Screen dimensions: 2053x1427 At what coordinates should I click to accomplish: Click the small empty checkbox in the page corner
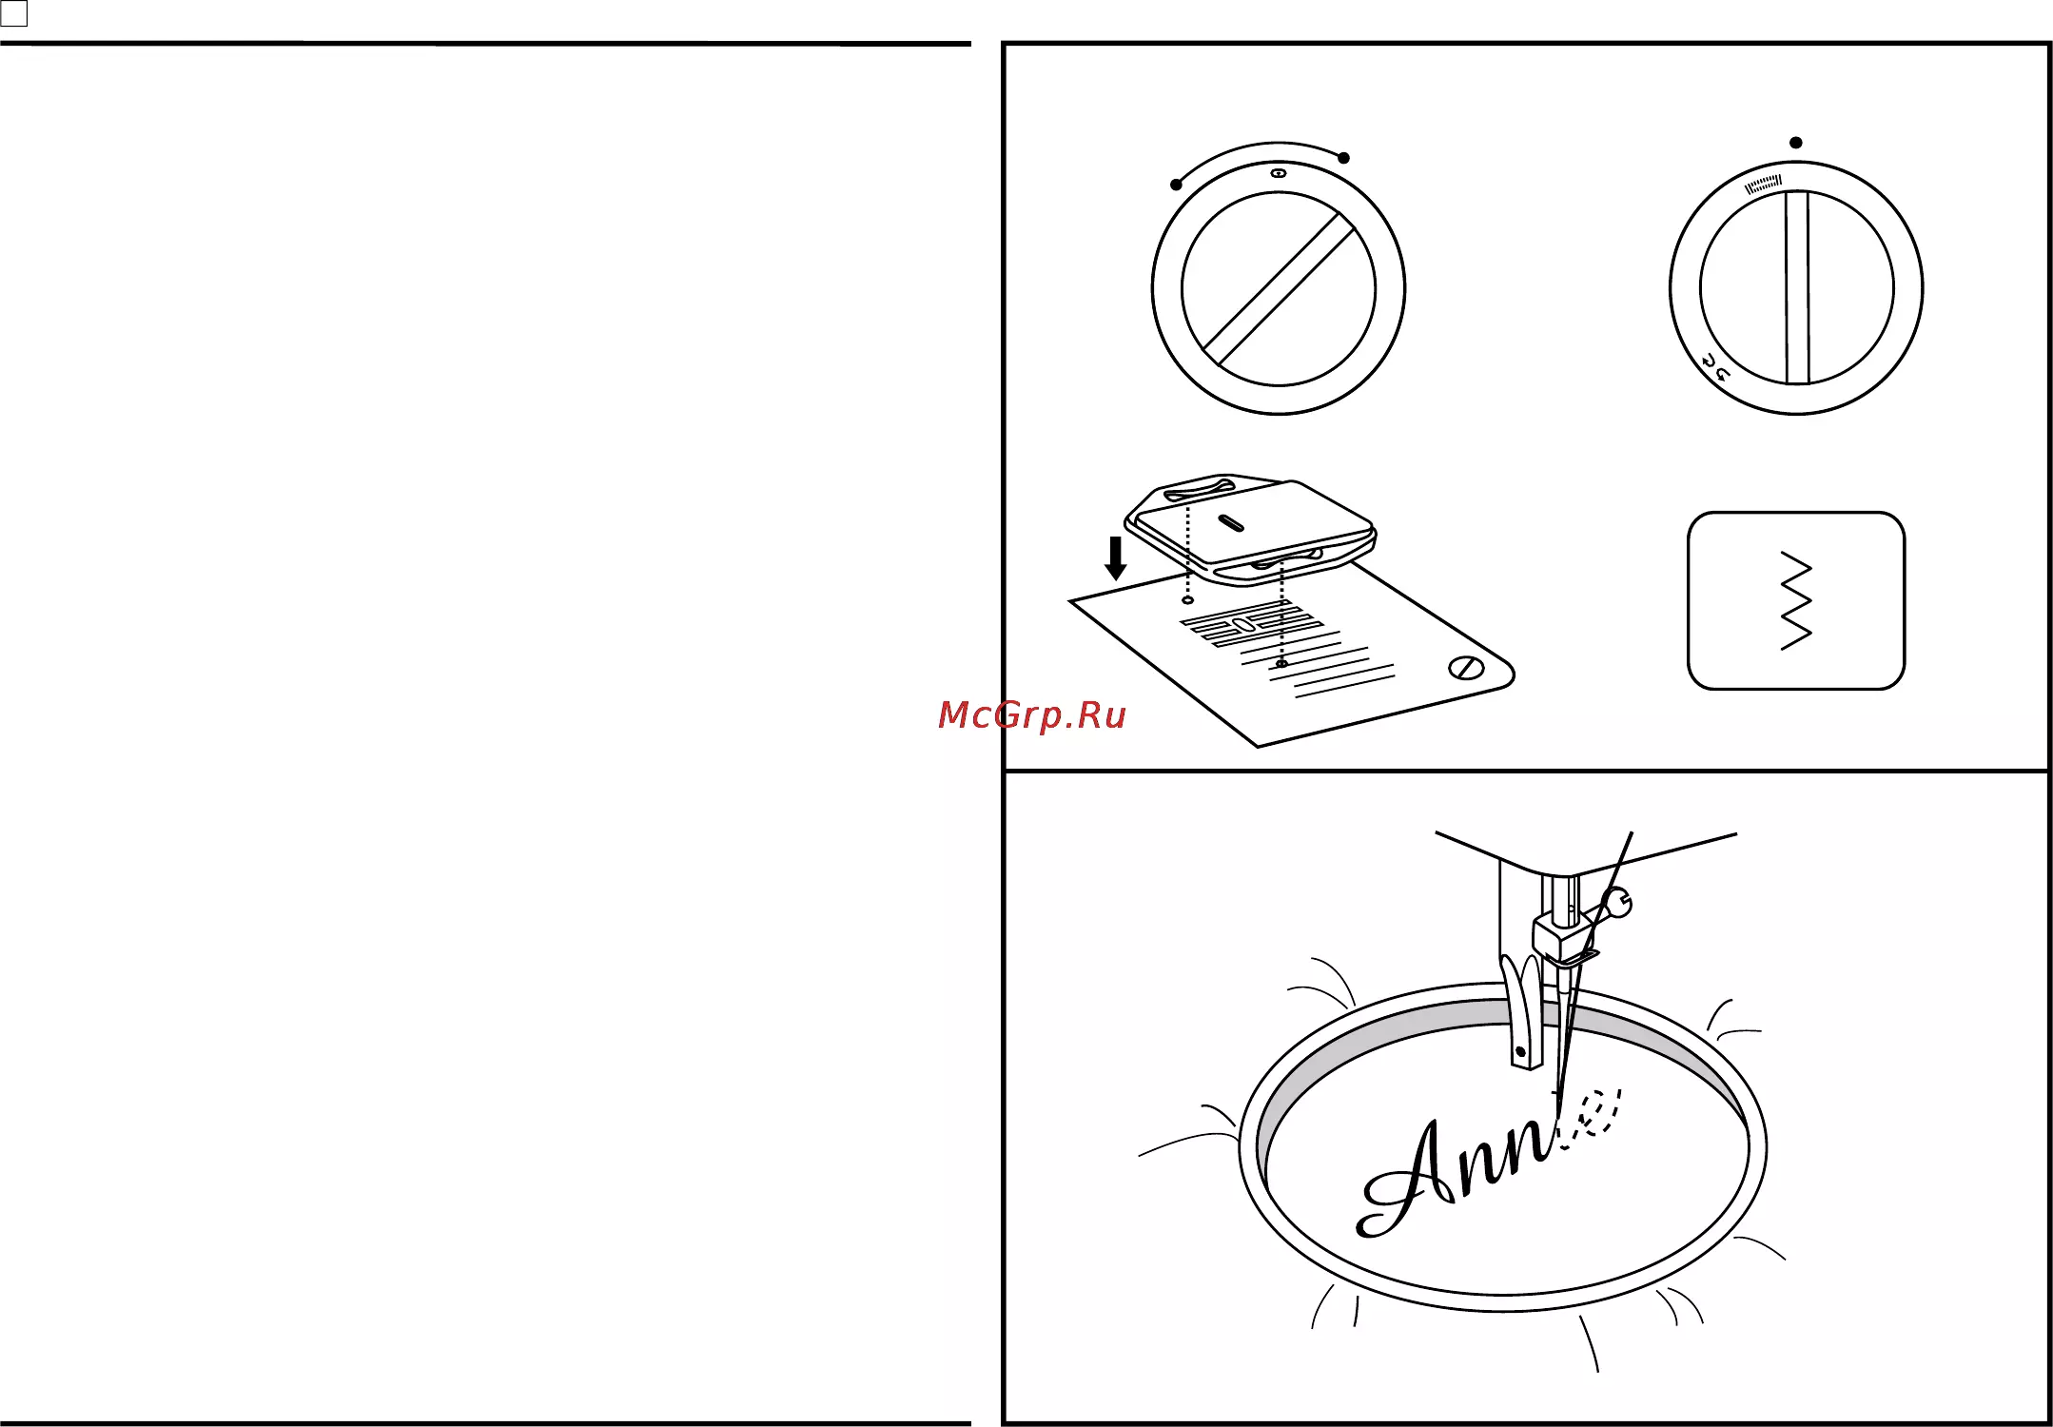[x=14, y=13]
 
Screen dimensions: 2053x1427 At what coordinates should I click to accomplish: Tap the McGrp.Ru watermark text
[x=1031, y=715]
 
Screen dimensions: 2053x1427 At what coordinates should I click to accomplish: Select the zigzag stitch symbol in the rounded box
[x=1796, y=600]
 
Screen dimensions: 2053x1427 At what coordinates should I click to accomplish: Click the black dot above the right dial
[x=1796, y=143]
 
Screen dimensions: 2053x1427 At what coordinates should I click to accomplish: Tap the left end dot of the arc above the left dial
[x=1177, y=185]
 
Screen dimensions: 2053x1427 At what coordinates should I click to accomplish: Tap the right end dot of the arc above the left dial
[x=1343, y=158]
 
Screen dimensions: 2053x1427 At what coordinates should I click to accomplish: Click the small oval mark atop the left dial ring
[x=1279, y=174]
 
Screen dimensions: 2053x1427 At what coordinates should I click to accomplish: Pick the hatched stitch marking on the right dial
[x=1763, y=184]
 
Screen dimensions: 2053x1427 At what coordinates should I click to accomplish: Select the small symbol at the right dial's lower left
[x=1714, y=368]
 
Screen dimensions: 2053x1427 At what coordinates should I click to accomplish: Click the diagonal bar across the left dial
[x=1279, y=289]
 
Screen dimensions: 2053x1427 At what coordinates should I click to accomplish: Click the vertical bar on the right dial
[x=1797, y=288]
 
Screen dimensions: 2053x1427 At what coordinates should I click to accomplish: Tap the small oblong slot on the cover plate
[x=1231, y=522]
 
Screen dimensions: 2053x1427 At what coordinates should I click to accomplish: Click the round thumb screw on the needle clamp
[x=1617, y=903]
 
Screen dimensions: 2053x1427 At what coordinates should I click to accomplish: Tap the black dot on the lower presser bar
[x=1520, y=1052]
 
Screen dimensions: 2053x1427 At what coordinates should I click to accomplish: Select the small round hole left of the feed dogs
[x=1187, y=600]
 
